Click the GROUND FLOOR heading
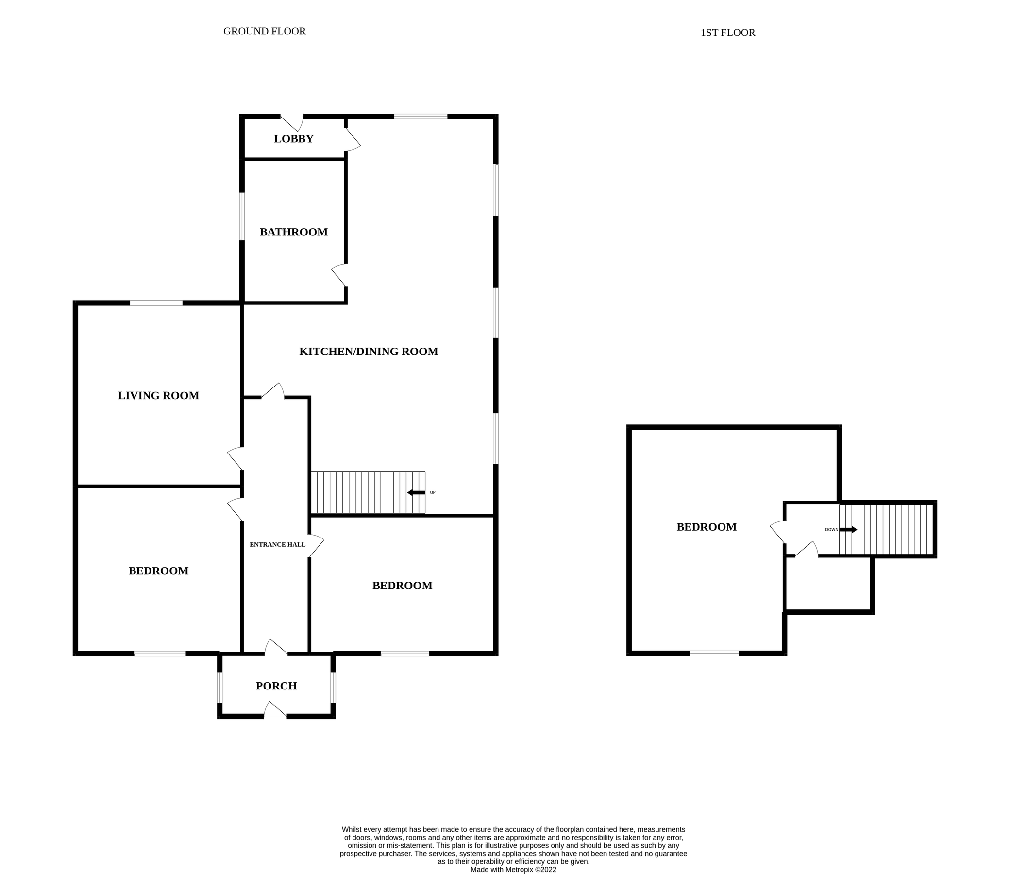[x=264, y=31]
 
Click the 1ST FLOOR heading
[x=727, y=33]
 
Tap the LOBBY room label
[x=293, y=139]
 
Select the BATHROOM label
[x=293, y=232]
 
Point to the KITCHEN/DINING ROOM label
[x=368, y=352]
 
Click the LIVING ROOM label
[x=158, y=396]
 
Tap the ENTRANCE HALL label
[x=277, y=545]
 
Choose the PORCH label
[x=276, y=686]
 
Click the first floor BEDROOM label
[x=706, y=527]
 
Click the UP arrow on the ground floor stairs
[x=416, y=493]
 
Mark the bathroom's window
[x=242, y=217]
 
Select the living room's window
[x=156, y=303]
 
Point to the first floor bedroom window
[x=714, y=654]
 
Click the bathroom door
[x=339, y=276]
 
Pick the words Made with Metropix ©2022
[x=513, y=870]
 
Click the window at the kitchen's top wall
[x=421, y=117]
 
